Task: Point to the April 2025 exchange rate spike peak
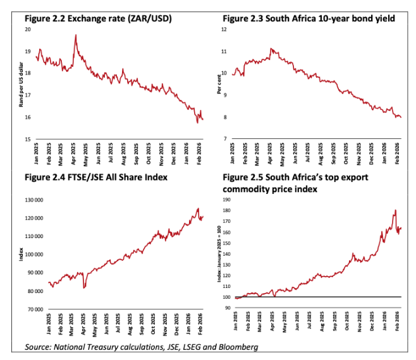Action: [x=76, y=35]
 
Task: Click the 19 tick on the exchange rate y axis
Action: [x=28, y=52]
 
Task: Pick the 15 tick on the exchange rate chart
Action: [x=28, y=139]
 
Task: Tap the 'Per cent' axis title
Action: [x=219, y=85]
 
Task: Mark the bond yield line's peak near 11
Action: [x=271, y=48]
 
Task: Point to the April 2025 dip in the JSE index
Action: [x=84, y=287]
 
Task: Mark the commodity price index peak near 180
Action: [x=395, y=210]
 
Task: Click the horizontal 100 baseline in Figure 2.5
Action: [x=316, y=297]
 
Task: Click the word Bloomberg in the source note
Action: [x=237, y=347]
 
